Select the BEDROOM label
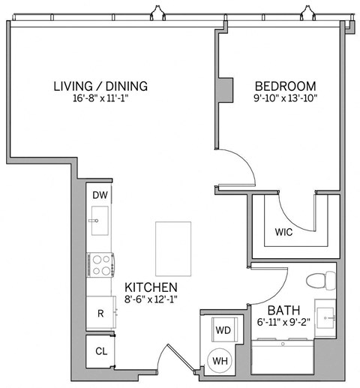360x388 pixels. coord(284,86)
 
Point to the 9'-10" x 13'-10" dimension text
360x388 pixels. coord(284,98)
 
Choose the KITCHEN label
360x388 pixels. coord(150,287)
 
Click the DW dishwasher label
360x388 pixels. coord(99,195)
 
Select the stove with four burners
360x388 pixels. coord(100,264)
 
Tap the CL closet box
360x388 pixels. coord(99,350)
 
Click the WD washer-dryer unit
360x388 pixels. coord(223,329)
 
